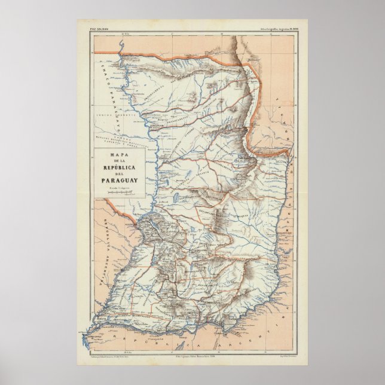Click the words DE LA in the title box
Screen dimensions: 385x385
[114, 163]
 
